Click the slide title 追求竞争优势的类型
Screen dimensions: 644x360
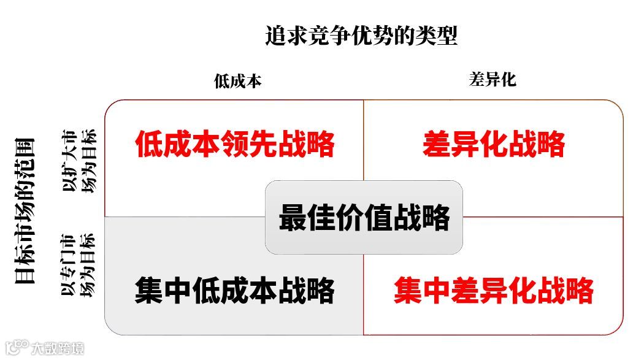(361, 36)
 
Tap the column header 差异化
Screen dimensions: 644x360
(493, 79)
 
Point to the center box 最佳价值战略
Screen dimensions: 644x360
(364, 218)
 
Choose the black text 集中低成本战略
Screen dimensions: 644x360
(235, 290)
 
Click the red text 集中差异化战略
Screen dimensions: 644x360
(493, 290)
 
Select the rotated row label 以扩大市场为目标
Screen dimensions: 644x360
(80, 161)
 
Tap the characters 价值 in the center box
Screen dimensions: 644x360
(364, 218)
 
